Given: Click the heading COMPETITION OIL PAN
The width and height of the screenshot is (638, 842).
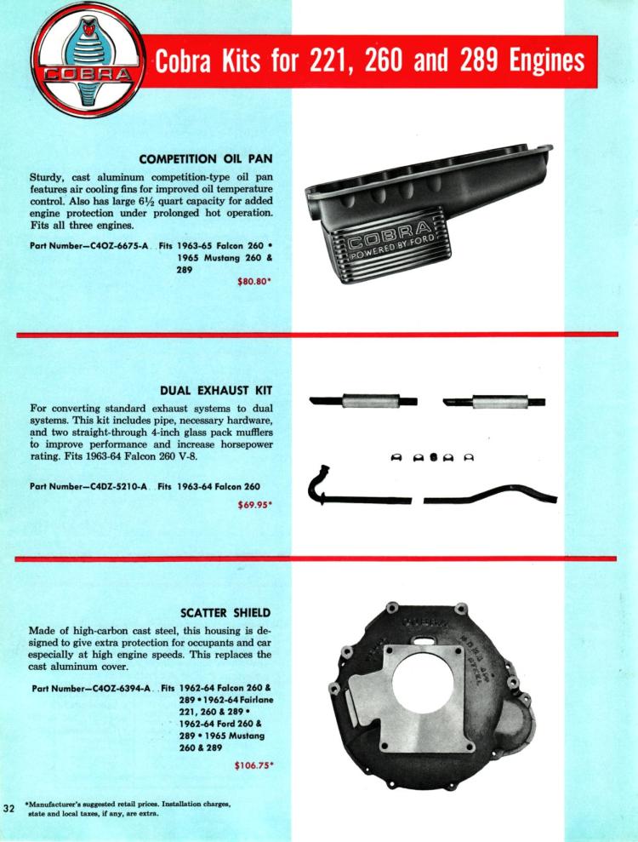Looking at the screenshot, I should [210, 158].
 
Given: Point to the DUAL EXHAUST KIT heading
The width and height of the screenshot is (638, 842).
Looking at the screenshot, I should [222, 391].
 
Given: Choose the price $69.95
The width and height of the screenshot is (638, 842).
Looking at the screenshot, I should [259, 503].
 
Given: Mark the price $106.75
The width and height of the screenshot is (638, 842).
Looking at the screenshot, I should [255, 765].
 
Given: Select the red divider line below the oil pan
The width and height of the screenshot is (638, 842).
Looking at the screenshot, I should [316, 335].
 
